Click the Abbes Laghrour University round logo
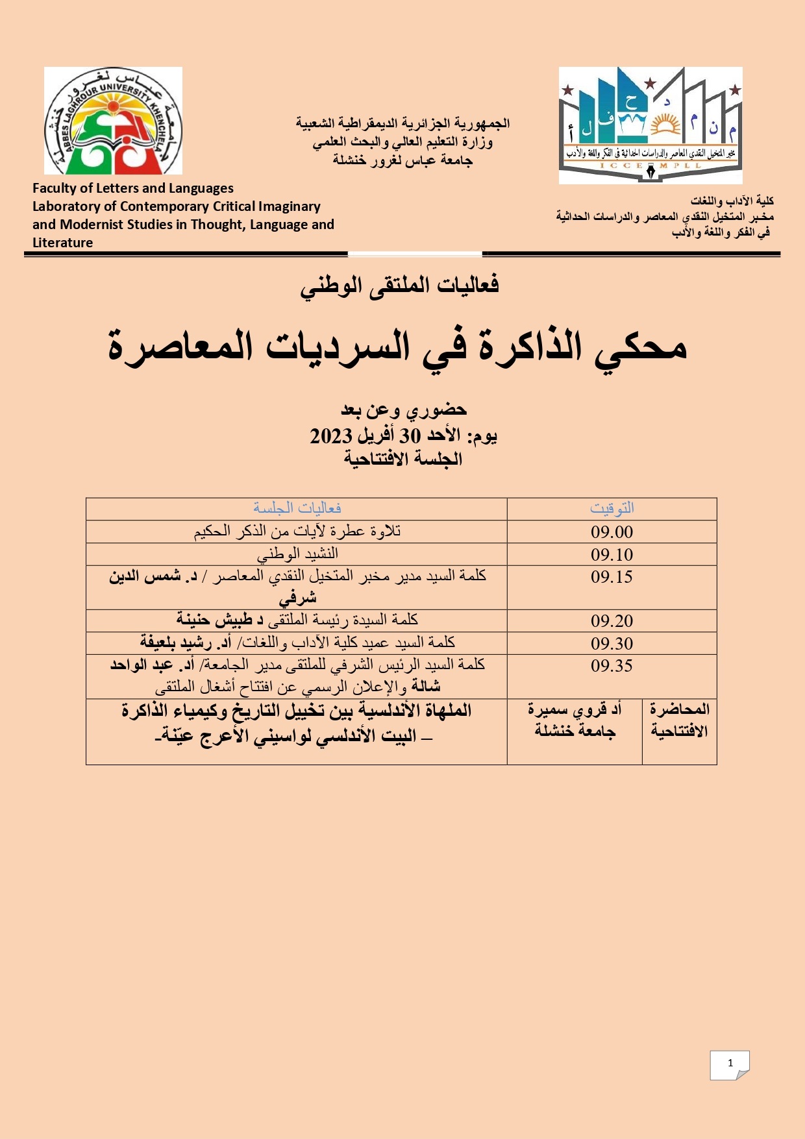click(x=113, y=121)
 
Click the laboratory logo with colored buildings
click(x=650, y=125)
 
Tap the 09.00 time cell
click(x=612, y=532)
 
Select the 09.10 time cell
click(x=612, y=555)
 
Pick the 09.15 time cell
click(x=612, y=577)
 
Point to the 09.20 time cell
click(x=612, y=621)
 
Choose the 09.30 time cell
click(x=612, y=644)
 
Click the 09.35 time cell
click(x=612, y=666)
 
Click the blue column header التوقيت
click(x=612, y=508)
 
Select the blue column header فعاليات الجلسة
click(x=297, y=508)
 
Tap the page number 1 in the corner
click(x=730, y=1063)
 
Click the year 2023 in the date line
click(x=331, y=435)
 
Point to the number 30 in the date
click(x=410, y=435)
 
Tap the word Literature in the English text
click(x=63, y=243)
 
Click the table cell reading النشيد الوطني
click(x=297, y=554)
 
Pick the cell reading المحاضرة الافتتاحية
click(x=679, y=720)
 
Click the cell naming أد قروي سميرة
click(x=575, y=720)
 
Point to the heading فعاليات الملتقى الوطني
click(x=399, y=286)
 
